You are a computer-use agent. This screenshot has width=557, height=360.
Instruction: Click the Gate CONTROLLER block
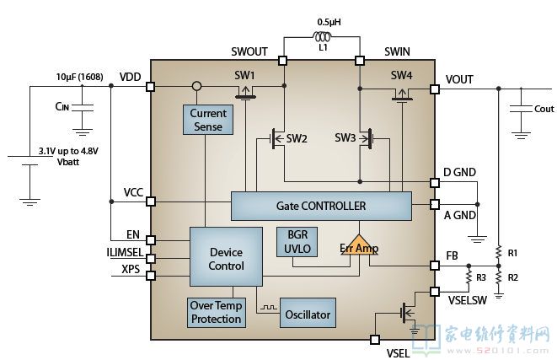(321, 205)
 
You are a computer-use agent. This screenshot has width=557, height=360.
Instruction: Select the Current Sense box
(206, 120)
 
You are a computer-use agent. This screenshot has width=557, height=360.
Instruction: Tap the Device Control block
(226, 259)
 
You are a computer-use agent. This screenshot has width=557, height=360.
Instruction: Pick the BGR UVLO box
(292, 241)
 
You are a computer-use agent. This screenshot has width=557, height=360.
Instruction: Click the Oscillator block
(307, 314)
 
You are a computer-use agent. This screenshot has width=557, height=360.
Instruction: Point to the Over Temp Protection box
(216, 313)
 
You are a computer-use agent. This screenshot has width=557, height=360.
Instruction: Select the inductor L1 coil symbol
(323, 37)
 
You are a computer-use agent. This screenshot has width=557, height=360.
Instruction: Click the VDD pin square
(151, 86)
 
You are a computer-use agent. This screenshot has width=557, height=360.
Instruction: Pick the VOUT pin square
(436, 87)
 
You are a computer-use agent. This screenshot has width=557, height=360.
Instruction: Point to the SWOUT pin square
(285, 60)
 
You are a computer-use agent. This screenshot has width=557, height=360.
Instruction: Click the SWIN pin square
(360, 60)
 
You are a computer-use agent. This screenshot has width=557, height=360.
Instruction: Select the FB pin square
(436, 265)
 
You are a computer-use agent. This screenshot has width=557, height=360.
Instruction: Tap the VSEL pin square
(375, 339)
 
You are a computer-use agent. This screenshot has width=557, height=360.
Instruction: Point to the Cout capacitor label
(544, 109)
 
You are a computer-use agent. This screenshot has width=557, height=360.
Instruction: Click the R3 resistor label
(481, 277)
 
